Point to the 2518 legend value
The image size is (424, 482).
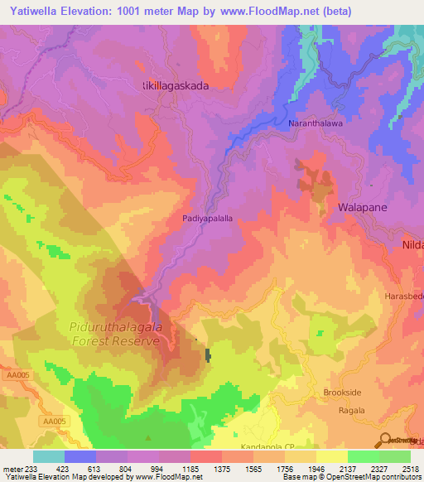410,468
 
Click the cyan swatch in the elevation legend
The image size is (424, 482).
49,456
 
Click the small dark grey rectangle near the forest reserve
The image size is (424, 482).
208,356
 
